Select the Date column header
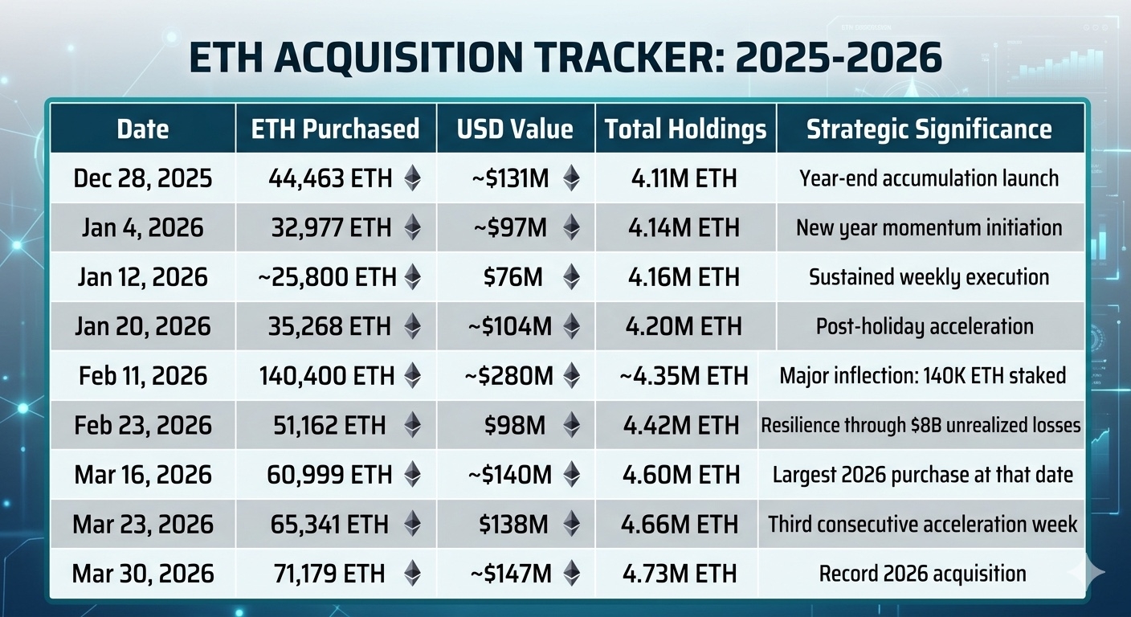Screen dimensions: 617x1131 point(143,129)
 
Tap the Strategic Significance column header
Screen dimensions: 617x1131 point(929,129)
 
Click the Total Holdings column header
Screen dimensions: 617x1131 point(685,129)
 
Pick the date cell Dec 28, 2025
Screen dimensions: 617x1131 point(143,178)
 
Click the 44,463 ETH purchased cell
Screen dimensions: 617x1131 point(330,178)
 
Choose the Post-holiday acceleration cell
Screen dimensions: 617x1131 point(925,326)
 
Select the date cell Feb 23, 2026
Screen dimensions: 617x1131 point(143,425)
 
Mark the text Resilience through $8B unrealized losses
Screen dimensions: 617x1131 point(921,425)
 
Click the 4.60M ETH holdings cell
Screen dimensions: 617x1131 point(680,475)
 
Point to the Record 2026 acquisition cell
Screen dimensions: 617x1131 point(922,574)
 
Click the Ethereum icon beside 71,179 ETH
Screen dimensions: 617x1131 point(412,574)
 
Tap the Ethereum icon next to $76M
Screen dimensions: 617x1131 point(571,277)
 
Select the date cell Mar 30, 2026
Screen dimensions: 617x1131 point(143,574)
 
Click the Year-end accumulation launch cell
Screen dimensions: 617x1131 point(929,178)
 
